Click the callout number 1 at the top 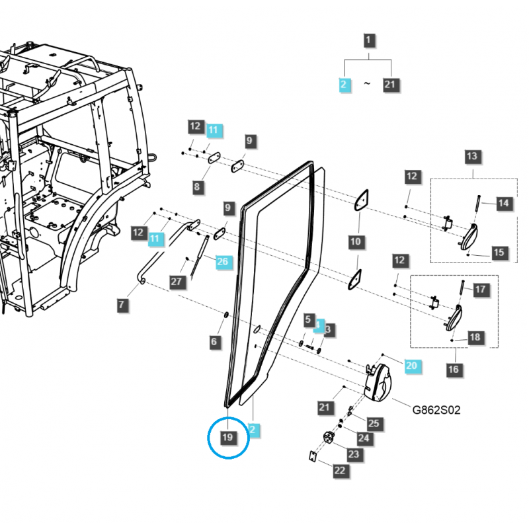369,41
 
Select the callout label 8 197,187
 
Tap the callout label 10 356,241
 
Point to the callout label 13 471,157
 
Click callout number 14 504,203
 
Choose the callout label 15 499,252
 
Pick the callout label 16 453,370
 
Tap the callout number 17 480,289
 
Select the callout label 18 475,337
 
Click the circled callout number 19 227,438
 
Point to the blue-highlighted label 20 411,366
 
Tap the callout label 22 340,470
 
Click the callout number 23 354,454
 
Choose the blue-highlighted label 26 222,261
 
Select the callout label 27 176,282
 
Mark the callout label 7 122,305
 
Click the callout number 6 214,342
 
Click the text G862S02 436,410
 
